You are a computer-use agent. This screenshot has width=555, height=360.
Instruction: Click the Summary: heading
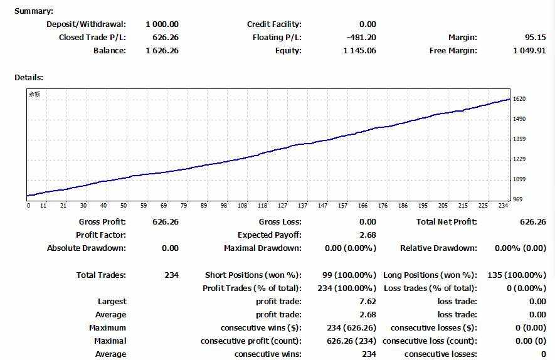click(x=34, y=11)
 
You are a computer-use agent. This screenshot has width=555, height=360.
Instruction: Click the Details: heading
click(x=28, y=77)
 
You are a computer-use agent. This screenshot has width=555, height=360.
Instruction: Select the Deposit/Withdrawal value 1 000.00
click(x=162, y=24)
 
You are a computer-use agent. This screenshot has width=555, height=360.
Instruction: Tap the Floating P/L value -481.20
click(x=361, y=38)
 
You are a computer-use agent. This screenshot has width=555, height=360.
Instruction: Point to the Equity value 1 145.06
click(x=359, y=51)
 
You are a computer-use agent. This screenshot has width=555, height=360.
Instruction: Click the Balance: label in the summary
click(x=110, y=51)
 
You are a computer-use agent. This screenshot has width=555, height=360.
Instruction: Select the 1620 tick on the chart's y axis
click(x=519, y=99)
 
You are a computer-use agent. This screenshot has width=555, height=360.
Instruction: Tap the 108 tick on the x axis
click(x=242, y=206)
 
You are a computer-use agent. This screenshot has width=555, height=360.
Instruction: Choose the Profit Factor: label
click(x=101, y=235)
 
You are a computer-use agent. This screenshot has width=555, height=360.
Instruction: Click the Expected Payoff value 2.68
click(x=368, y=235)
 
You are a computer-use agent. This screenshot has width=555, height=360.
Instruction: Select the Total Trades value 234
click(x=171, y=275)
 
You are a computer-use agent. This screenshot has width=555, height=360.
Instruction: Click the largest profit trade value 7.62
click(x=368, y=302)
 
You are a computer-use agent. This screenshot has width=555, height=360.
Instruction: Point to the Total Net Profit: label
click(x=447, y=222)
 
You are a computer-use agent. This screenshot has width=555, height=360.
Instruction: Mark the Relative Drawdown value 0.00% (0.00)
click(x=520, y=248)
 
